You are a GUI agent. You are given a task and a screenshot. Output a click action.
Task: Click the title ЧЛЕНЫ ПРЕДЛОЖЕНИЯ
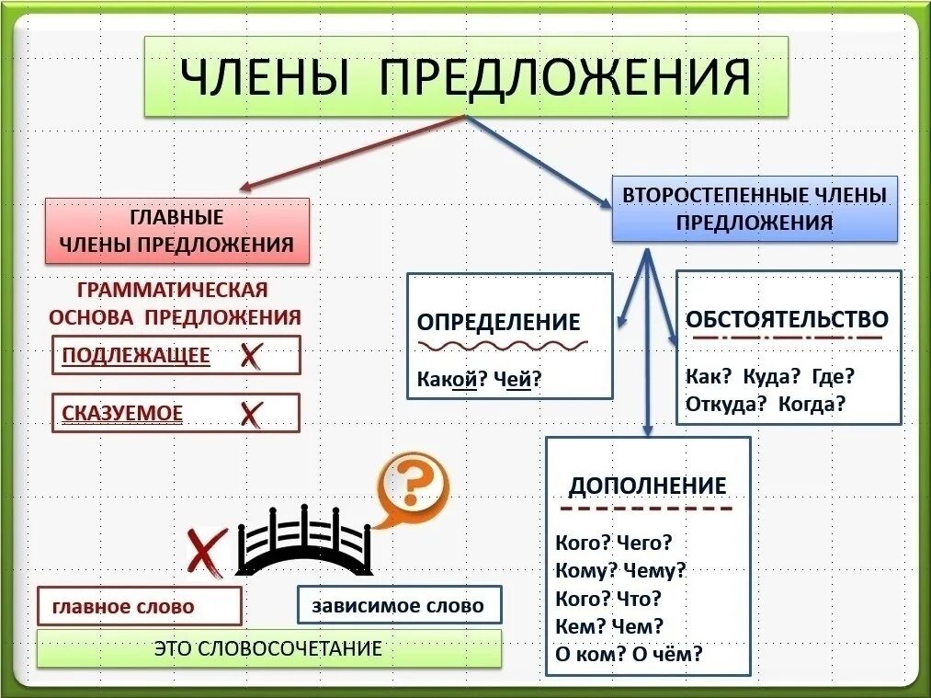click(465, 76)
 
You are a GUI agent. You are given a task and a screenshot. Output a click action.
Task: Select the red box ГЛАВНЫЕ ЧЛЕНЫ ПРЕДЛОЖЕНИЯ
click(176, 232)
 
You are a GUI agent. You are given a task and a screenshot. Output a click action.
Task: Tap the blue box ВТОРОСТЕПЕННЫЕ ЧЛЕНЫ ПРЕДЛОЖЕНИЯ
click(755, 209)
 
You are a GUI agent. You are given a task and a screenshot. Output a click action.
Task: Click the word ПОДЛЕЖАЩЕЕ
click(136, 356)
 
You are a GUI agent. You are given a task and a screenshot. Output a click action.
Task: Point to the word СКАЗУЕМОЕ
click(122, 415)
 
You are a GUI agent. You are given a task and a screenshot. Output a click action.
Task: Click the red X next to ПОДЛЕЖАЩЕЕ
click(250, 356)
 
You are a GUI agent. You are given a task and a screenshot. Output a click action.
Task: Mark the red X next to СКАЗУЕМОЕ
click(250, 414)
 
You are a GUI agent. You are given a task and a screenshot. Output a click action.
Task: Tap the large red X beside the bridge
click(206, 552)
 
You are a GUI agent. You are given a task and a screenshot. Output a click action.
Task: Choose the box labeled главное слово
click(139, 607)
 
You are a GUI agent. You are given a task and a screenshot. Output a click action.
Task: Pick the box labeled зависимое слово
click(401, 606)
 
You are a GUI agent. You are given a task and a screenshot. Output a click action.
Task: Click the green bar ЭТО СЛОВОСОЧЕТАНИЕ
click(269, 648)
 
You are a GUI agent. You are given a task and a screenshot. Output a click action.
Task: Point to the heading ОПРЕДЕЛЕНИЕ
click(498, 322)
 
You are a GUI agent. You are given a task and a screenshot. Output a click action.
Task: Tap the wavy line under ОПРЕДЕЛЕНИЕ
click(503, 345)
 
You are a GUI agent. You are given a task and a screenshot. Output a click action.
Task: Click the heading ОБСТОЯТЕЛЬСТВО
click(787, 319)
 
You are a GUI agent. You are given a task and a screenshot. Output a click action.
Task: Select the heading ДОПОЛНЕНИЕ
click(647, 486)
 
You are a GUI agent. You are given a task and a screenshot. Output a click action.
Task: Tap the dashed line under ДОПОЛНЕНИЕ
click(647, 508)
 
